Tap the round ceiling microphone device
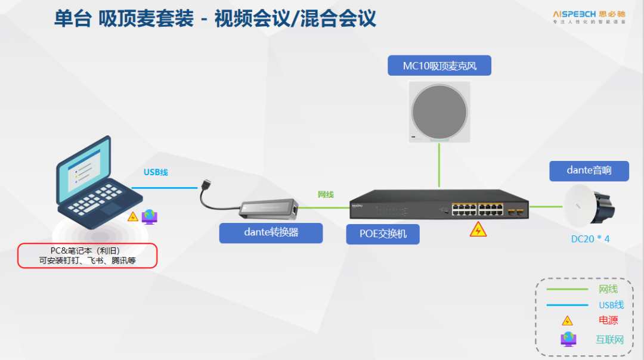pyautogui.click(x=439, y=111)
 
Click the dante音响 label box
pyautogui.click(x=589, y=170)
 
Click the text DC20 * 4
pyautogui.click(x=590, y=239)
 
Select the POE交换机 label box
pyautogui.click(x=383, y=234)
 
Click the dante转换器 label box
pyautogui.click(x=271, y=233)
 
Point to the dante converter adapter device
pyautogui.click(x=268, y=207)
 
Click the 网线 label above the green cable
pyautogui.click(x=326, y=194)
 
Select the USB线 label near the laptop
pyautogui.click(x=156, y=172)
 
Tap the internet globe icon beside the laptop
pyautogui.click(x=149, y=216)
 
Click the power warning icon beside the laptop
pyautogui.click(x=133, y=216)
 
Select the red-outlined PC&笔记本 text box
pyautogui.click(x=87, y=256)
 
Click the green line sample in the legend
pyautogui.click(x=567, y=290)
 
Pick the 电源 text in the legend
pyautogui.click(x=608, y=321)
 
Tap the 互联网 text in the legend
pyautogui.click(x=609, y=340)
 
